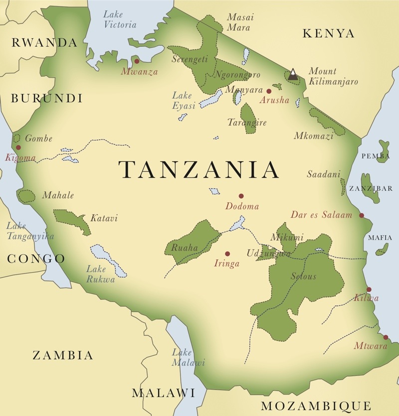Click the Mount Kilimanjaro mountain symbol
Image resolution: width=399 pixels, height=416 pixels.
[293, 75]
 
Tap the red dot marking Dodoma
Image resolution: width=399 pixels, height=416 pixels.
[241, 196]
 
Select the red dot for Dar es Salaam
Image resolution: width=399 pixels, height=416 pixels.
[362, 215]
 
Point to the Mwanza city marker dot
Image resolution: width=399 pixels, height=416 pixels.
[136, 61]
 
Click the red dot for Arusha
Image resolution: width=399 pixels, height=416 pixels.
[269, 91]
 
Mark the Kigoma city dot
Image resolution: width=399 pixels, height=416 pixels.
[18, 147]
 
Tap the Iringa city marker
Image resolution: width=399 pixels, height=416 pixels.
[227, 254]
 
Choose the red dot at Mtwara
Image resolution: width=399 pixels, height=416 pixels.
[386, 337]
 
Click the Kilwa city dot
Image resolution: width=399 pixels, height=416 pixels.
[369, 289]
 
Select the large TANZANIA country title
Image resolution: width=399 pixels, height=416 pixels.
[199, 170]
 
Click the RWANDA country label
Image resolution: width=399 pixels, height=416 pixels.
[45, 43]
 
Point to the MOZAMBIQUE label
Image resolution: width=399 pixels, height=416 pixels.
[316, 405]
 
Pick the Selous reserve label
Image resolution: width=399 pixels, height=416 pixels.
[303, 277]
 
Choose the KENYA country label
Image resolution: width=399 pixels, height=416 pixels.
[329, 34]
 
